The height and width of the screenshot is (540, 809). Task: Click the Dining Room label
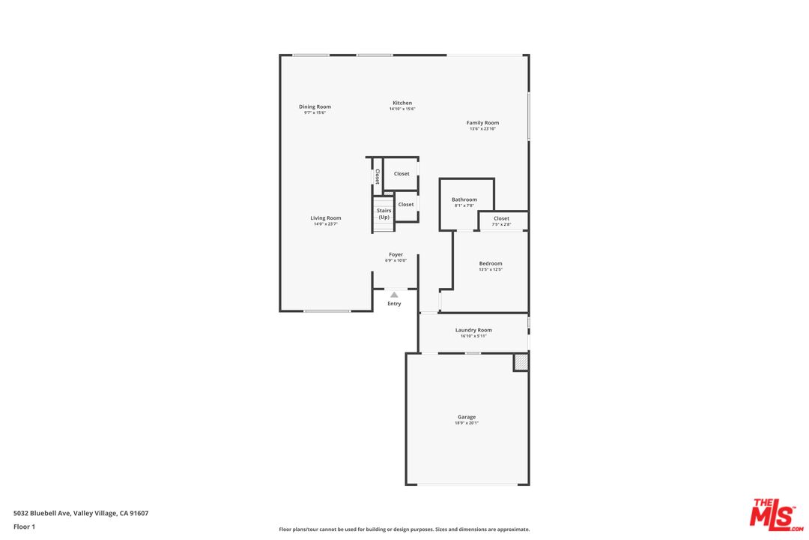pyautogui.click(x=315, y=106)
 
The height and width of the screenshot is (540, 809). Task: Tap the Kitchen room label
pyautogui.click(x=402, y=103)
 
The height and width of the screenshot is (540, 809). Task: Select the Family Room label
pyautogui.click(x=482, y=123)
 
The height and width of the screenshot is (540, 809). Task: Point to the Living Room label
pyautogui.click(x=326, y=218)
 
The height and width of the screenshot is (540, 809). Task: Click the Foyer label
pyautogui.click(x=396, y=255)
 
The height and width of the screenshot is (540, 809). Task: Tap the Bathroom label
pyautogui.click(x=464, y=199)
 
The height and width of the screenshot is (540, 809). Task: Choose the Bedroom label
pyautogui.click(x=491, y=263)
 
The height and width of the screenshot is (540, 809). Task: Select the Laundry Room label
pyautogui.click(x=473, y=330)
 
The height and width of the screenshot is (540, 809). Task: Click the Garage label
pyautogui.click(x=467, y=417)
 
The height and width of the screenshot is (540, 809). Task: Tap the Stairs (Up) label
pyautogui.click(x=384, y=214)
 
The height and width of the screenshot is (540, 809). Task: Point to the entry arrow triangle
pyautogui.click(x=394, y=295)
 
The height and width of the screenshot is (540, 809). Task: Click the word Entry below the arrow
pyautogui.click(x=394, y=304)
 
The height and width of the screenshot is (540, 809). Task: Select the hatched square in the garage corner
pyautogui.click(x=521, y=362)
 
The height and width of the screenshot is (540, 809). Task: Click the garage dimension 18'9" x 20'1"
pyautogui.click(x=467, y=423)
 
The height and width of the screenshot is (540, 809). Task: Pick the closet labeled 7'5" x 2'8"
pyautogui.click(x=501, y=221)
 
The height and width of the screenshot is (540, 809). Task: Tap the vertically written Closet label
pyautogui.click(x=378, y=176)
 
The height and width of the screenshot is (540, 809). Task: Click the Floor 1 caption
pyautogui.click(x=24, y=526)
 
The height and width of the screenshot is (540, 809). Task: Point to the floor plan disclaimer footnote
pyautogui.click(x=404, y=529)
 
